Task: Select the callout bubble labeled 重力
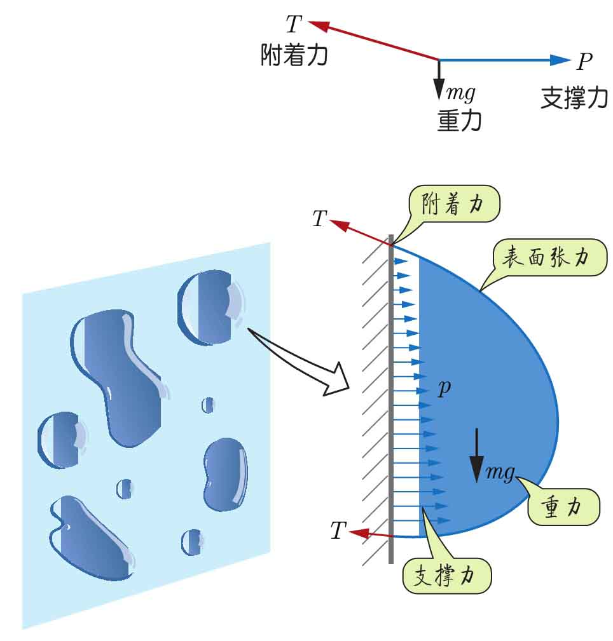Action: [x=563, y=506]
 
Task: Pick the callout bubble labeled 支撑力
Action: [x=448, y=576]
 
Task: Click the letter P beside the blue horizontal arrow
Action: [x=584, y=62]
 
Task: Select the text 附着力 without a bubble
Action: [x=294, y=56]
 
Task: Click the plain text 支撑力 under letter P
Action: [x=574, y=97]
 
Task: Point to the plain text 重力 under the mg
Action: [x=459, y=120]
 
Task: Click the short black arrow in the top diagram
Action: [x=439, y=79]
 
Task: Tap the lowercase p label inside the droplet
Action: [x=444, y=387]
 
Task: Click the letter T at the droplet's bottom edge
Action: [x=338, y=531]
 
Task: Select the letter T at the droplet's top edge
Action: [x=319, y=219]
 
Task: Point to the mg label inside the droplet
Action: [x=500, y=472]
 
